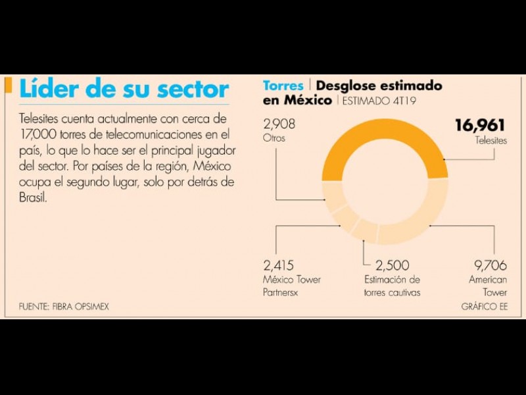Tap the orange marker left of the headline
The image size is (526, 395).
coord(9,86)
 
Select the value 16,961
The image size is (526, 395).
coord(480,125)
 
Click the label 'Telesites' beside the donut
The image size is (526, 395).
coord(490,140)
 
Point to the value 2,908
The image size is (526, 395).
coord(279,124)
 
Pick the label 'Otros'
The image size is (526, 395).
coord(274,139)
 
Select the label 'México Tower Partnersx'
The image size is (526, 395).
coord(291,286)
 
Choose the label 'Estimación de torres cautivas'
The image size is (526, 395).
coord(392,286)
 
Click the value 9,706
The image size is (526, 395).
coord(490,265)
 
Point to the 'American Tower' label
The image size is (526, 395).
coord(488,286)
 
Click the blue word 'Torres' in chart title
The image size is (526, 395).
coord(283,86)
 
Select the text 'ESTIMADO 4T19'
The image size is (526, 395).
coord(379,101)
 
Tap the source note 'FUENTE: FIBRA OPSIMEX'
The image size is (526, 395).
coord(63,307)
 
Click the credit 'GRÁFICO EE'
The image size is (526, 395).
coord(484,307)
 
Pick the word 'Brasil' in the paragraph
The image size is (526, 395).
coord(33,197)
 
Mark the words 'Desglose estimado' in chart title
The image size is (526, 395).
coord(379,86)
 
